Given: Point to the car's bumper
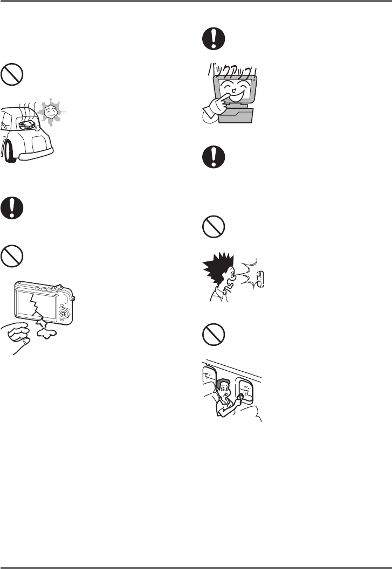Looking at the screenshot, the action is [x=36, y=154].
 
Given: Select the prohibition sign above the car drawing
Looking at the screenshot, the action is [x=12, y=75].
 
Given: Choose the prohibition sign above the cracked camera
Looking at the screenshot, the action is [x=12, y=256].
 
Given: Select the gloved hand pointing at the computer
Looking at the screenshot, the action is [x=216, y=107].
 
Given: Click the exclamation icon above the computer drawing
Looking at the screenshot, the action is [x=214, y=38].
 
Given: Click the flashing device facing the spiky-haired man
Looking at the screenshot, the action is [x=259, y=280].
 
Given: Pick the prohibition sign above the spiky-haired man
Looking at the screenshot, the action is [x=214, y=227].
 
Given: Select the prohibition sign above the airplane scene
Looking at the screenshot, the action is [x=214, y=335].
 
